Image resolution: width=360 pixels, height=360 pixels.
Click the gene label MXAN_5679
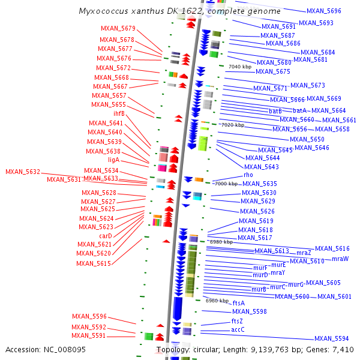(118, 28)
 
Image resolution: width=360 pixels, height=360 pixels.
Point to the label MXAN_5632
(23, 172)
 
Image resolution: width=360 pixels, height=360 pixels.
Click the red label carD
(106, 236)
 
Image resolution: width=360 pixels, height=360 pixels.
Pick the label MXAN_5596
(89, 316)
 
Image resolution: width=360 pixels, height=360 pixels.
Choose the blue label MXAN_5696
(323, 11)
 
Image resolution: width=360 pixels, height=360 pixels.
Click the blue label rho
(248, 175)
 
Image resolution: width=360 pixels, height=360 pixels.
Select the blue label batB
(275, 111)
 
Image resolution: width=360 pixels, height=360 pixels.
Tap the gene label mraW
(340, 259)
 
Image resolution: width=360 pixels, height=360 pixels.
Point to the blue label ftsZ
(237, 322)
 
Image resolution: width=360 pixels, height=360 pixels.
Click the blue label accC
(238, 329)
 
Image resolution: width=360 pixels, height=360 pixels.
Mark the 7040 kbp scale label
(239, 67)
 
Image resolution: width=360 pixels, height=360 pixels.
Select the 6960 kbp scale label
(217, 301)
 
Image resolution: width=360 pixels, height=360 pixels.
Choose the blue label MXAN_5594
(331, 338)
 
